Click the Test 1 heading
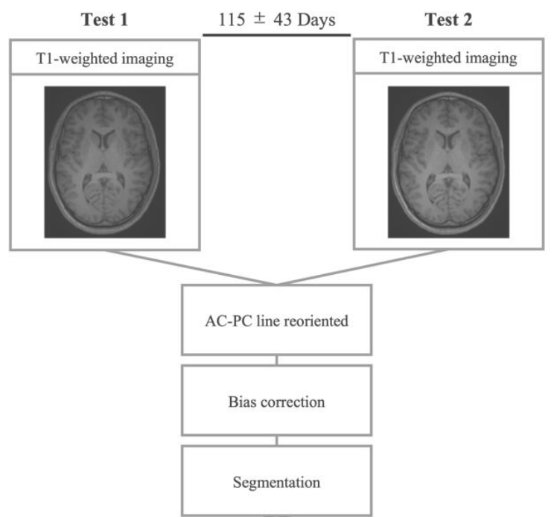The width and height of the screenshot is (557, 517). pos(104,19)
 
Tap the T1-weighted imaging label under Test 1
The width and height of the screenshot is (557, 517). pos(104,60)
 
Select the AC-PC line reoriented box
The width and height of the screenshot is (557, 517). pos(276,319)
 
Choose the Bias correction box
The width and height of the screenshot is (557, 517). pos(276,401)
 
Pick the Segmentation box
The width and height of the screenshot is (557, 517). pos(276,480)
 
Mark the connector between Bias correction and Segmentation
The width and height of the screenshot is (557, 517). pos(276,440)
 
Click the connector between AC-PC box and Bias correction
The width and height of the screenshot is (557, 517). pos(276,360)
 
